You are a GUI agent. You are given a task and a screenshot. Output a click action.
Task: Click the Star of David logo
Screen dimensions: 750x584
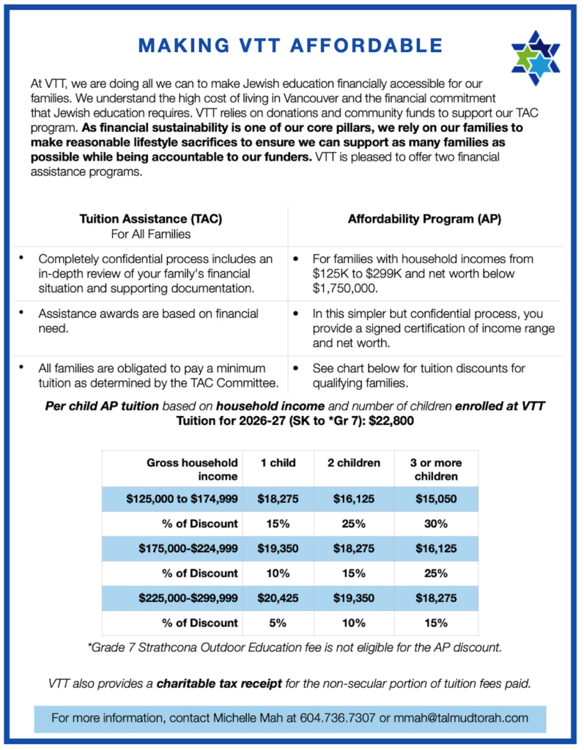click(535, 56)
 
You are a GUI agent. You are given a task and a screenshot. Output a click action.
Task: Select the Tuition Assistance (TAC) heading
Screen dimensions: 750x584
click(151, 219)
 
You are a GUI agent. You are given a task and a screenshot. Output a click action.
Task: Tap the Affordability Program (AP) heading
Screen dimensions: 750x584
click(425, 219)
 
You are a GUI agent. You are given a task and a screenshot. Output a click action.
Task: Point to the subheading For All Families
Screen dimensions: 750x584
click(151, 234)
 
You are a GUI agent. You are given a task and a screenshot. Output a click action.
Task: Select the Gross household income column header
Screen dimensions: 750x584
click(193, 469)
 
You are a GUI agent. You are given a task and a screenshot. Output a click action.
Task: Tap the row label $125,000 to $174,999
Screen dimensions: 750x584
click(182, 500)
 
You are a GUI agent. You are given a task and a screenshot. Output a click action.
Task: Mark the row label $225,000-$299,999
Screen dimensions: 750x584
click(188, 598)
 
